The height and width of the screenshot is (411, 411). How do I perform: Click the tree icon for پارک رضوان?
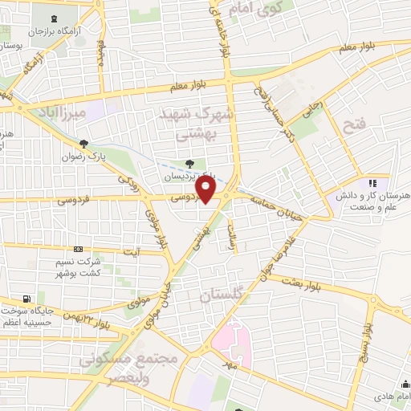[x=83, y=144]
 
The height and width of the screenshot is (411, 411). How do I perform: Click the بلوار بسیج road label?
[x=366, y=340]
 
